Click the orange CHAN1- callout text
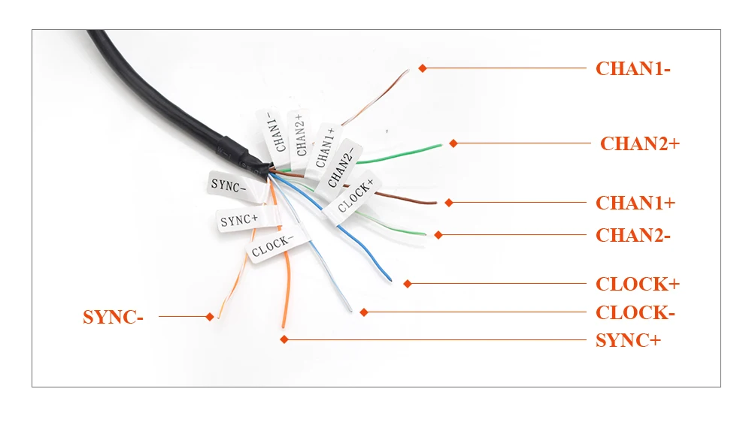tap(632, 68)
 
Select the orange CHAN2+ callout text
tap(639, 143)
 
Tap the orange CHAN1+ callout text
tap(635, 203)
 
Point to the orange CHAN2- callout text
tap(632, 236)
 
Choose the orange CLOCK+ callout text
tap(638, 284)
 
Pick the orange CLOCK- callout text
tap(635, 312)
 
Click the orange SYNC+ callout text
tap(628, 340)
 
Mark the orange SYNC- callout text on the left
tap(113, 317)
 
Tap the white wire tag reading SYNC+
tap(239, 221)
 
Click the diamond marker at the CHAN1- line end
tap(423, 68)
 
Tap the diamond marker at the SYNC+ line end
tap(284, 340)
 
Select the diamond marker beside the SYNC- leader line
tap(210, 317)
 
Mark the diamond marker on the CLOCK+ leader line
tap(408, 284)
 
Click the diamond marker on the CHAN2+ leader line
tap(453, 143)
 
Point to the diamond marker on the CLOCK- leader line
tap(363, 312)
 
